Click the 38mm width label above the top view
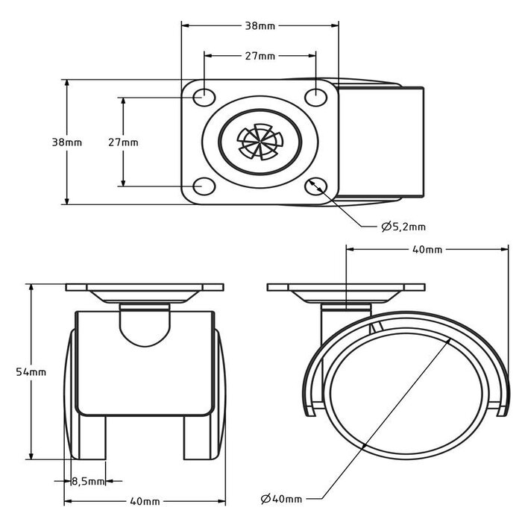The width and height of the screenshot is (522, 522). (x=260, y=25)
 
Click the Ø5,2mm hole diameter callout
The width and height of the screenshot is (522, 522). (x=403, y=227)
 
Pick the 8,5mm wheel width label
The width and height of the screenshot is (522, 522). (x=88, y=482)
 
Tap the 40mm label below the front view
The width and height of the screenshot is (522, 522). (x=144, y=501)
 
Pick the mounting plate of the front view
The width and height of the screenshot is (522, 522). (x=144, y=288)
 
